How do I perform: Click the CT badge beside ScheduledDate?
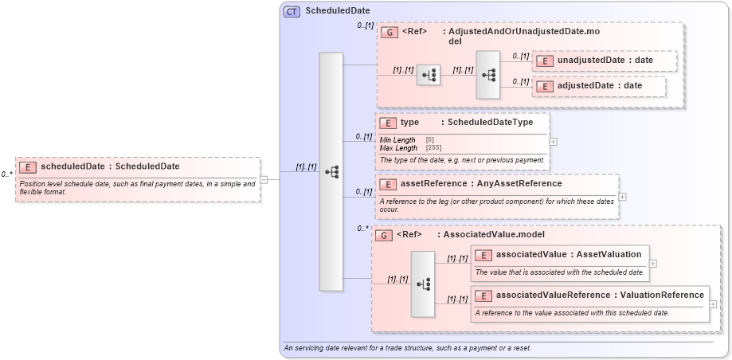[x=292, y=12]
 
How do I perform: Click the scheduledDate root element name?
[x=110, y=166]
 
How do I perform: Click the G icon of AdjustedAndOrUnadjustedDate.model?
[x=389, y=32]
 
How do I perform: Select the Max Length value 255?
[x=433, y=148]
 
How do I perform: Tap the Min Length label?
[x=397, y=140]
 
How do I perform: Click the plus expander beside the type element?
[x=553, y=142]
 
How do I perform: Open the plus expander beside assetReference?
[x=623, y=197]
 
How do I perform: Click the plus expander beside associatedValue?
[x=653, y=262]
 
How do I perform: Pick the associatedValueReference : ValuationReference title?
[x=599, y=295]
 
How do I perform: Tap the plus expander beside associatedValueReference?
[x=713, y=303]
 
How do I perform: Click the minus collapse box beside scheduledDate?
[x=264, y=179]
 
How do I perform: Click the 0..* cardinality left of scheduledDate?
[x=6, y=174]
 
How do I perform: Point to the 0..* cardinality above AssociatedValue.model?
[x=363, y=229]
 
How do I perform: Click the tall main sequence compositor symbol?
[x=331, y=172]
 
